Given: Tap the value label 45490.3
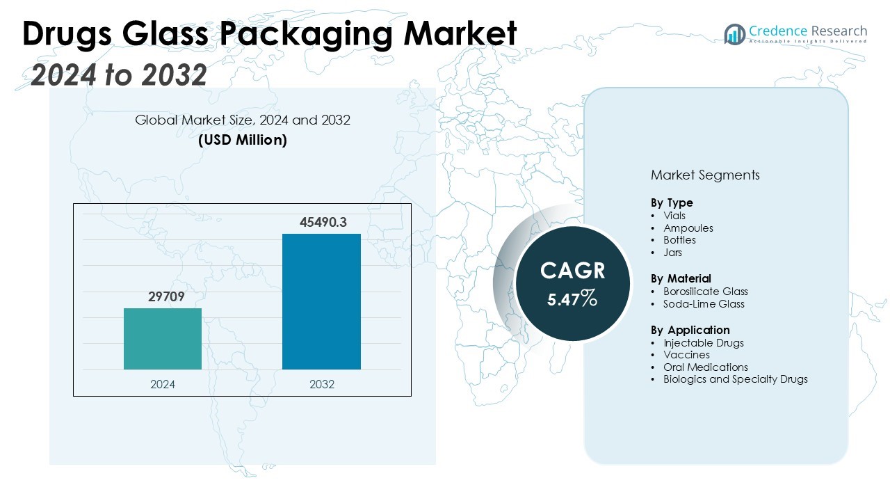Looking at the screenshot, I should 323,223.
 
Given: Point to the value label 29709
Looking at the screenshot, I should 165,297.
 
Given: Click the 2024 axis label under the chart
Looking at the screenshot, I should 163,384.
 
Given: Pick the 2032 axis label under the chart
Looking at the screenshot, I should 321,384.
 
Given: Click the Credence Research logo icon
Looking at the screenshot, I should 734,34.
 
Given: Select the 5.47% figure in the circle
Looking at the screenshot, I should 572,300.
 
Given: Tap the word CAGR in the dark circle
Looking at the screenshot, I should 573,271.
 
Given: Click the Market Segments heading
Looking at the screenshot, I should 705,175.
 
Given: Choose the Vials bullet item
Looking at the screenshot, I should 674,216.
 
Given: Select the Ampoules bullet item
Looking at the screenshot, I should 688,228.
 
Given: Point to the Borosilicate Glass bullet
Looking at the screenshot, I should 705,292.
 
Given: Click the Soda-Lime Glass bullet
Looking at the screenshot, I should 704,304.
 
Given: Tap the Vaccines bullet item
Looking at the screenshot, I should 686,355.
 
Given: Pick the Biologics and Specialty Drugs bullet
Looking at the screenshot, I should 735,379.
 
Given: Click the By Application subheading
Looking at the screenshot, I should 690,330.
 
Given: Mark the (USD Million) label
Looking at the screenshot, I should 243,140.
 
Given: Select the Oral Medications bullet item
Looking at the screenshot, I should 705,367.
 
